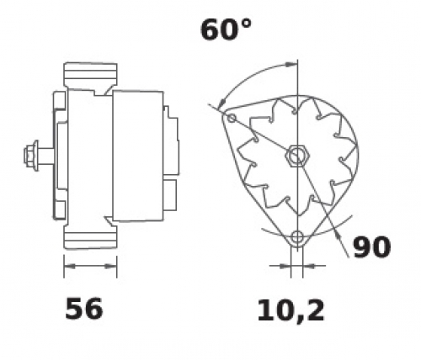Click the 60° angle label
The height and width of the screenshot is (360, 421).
(226, 30)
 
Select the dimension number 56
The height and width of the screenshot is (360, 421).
(84, 309)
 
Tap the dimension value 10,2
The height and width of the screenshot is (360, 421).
(290, 311)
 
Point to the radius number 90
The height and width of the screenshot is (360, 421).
(371, 247)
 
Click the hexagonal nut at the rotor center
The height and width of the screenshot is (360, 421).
(297, 156)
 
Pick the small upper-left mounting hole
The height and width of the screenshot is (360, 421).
(232, 118)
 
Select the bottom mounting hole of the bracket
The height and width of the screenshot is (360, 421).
(297, 237)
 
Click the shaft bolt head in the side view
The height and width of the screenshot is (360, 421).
(31, 156)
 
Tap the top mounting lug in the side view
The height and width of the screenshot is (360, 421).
(90, 75)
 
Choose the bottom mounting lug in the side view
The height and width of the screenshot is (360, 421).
(90, 237)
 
